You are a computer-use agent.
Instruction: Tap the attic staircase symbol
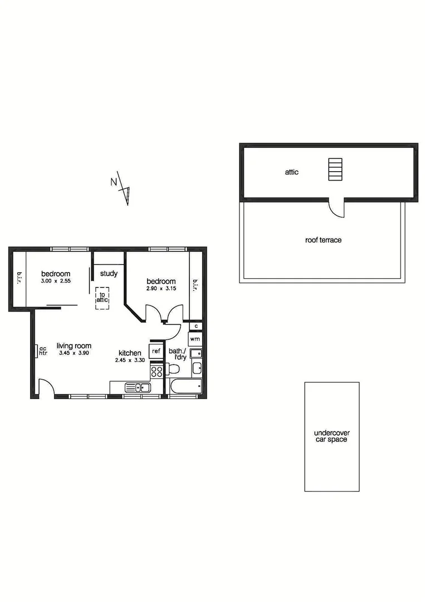pos(334,169)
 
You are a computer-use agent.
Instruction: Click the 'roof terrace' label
pos(323,240)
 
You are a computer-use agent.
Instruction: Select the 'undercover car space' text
pos(331,436)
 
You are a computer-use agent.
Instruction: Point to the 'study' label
pos(108,274)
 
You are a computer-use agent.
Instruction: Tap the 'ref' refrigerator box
pos(157,351)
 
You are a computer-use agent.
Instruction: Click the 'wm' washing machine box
pos(195,339)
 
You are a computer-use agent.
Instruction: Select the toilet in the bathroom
pos(174,368)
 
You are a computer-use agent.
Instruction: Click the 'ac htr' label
pos(43,351)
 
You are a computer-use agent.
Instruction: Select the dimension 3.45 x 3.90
pos(74,353)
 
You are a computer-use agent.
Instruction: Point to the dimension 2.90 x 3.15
pos(161,288)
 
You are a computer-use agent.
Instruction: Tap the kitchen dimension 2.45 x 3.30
pos(130,360)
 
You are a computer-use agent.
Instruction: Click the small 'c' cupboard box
pos(196,326)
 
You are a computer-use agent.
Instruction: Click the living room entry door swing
pos(46,386)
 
